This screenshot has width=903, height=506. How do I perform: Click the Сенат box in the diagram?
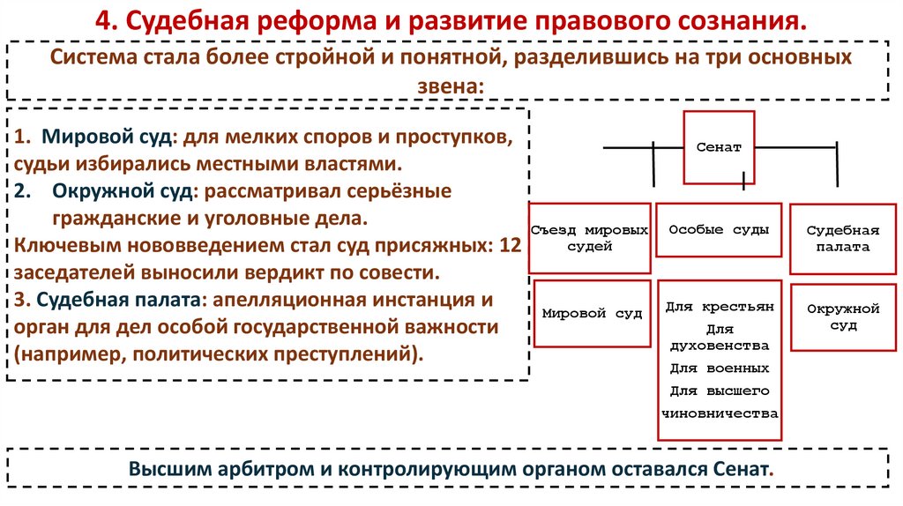[x=720, y=146]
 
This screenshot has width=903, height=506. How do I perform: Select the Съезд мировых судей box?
[x=590, y=238]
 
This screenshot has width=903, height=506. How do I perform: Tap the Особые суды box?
[x=720, y=229]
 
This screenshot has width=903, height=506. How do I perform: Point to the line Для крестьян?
[x=720, y=307]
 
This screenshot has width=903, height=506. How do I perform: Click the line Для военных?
[x=720, y=368]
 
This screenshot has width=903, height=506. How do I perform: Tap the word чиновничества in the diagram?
[x=720, y=412]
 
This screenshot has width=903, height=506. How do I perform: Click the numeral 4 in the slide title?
[x=103, y=19]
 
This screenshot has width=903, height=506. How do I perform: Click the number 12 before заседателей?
[x=510, y=246]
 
